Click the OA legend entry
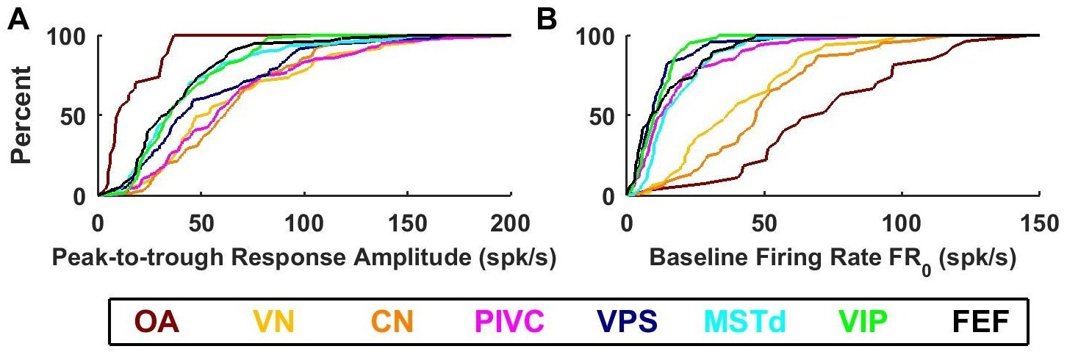click(x=157, y=322)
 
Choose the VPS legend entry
click(x=628, y=322)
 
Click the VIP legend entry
click(x=862, y=322)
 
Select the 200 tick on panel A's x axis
click(x=511, y=220)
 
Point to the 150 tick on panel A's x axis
click(x=408, y=220)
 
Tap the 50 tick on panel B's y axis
click(x=606, y=116)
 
